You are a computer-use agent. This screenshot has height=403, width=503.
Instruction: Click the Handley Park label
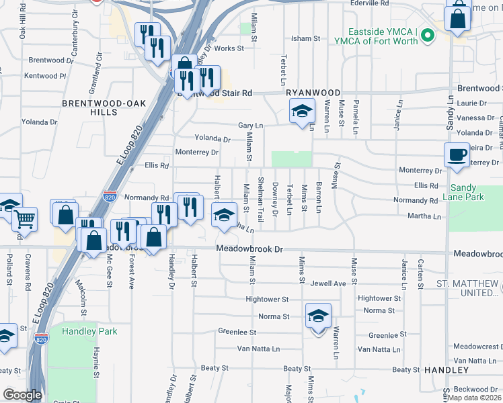89,331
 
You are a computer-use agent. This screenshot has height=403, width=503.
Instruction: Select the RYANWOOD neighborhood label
313,92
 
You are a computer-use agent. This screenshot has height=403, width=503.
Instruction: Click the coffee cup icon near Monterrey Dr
457,154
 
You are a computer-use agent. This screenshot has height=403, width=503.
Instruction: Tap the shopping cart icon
25,218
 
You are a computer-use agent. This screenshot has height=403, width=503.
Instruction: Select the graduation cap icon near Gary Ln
302,110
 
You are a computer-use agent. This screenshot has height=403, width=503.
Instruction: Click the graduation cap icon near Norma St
318,316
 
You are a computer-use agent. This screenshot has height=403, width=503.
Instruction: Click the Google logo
22,395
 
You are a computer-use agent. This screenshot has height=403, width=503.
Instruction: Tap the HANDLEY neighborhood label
446,370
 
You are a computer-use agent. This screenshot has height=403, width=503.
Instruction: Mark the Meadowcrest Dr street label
477,347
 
